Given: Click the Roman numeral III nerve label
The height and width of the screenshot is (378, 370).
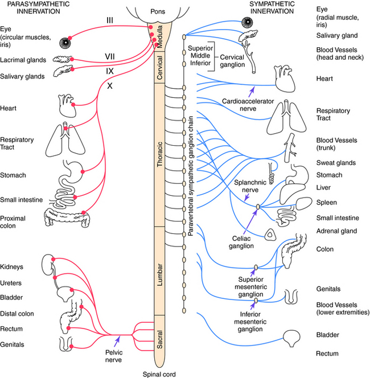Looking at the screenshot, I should pyautogui.click(x=112, y=20).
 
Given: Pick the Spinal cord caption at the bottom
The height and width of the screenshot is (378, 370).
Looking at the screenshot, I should pyautogui.click(x=159, y=374).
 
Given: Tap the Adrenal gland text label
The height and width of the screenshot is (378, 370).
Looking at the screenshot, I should pyautogui.click(x=335, y=231).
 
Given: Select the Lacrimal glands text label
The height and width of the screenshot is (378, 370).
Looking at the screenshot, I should pyautogui.click(x=23, y=59).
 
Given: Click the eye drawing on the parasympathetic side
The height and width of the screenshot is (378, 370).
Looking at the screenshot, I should pyautogui.click(x=67, y=41).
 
